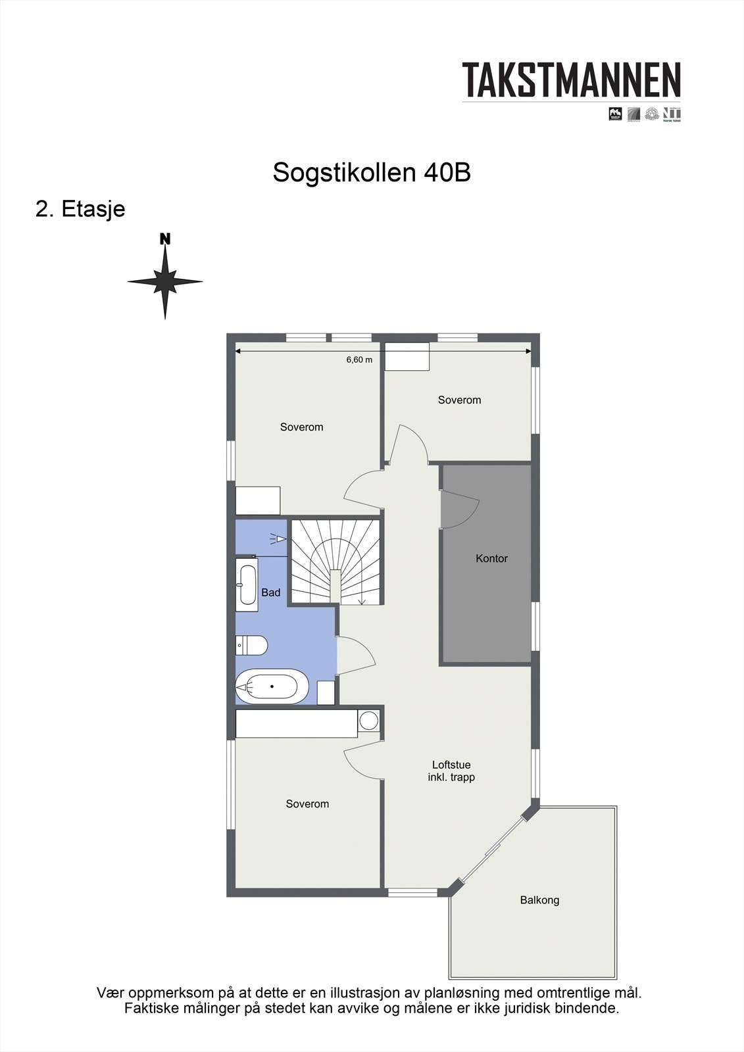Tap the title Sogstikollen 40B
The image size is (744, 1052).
tap(372, 173)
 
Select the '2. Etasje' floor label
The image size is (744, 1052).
tap(80, 209)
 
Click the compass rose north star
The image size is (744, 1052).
tap(165, 281)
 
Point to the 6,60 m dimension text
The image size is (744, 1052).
tap(359, 360)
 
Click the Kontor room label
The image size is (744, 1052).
tap(491, 559)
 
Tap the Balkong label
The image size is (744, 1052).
tap(539, 900)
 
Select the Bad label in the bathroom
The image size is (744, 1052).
tap(270, 592)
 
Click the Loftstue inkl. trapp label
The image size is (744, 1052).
tap(451, 771)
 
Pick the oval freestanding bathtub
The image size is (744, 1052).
tap(272, 686)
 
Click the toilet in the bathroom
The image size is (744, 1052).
tap(251, 646)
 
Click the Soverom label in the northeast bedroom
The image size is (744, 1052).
tap(459, 400)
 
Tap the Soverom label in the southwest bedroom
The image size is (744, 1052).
tap(307, 804)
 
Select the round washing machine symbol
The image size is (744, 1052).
tap(368, 721)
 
